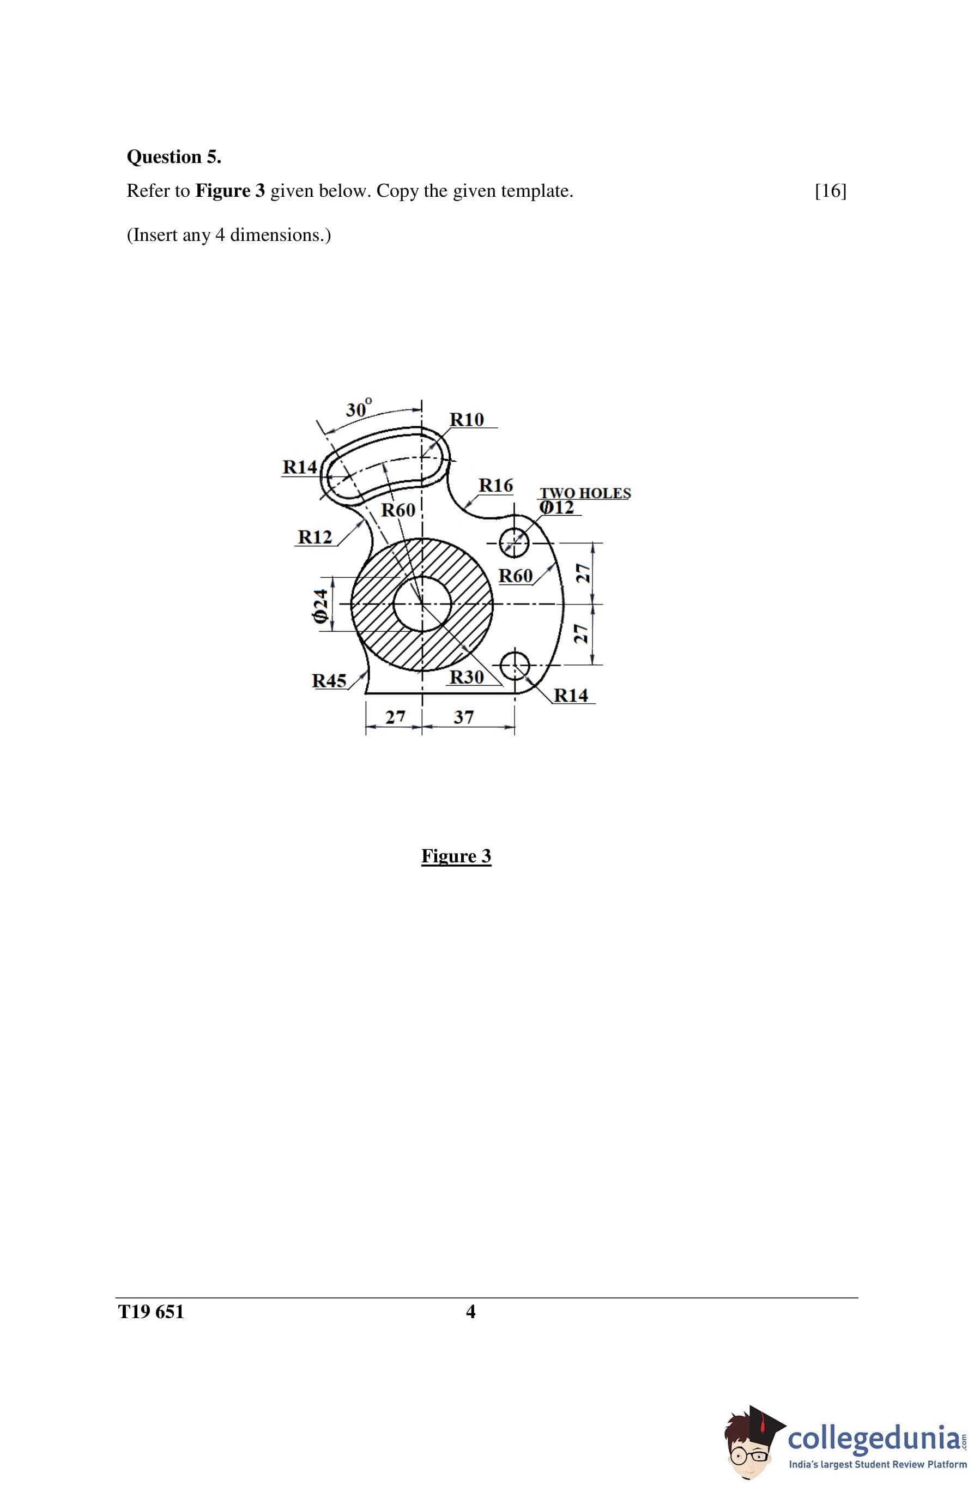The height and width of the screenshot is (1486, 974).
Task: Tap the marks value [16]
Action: tap(831, 190)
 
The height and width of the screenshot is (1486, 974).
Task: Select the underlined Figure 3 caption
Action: tap(456, 856)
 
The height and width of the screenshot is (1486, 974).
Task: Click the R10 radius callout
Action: tap(467, 420)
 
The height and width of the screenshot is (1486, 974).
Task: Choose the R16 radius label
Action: tap(496, 485)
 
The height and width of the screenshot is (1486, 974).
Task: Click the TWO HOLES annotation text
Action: tap(585, 493)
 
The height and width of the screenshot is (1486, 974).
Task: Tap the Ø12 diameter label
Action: tap(556, 508)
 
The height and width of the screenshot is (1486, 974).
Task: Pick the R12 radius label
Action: tap(314, 537)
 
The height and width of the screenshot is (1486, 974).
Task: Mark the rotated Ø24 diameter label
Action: tap(320, 606)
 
